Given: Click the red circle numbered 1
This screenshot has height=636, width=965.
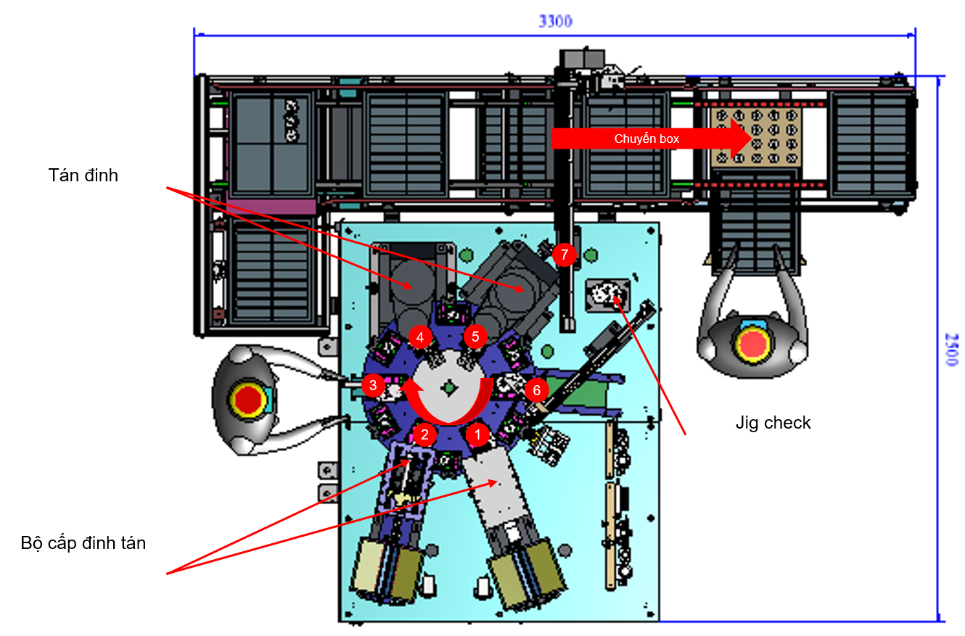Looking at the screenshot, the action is tap(477, 435).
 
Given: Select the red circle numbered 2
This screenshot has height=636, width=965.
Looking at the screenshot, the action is tap(424, 435).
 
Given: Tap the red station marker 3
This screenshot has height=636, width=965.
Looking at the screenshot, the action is tap(373, 385).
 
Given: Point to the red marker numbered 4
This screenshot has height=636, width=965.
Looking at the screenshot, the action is tap(420, 337).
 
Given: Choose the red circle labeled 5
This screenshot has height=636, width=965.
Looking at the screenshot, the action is tap(475, 336).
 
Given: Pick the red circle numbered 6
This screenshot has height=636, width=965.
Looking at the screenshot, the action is tap(536, 391).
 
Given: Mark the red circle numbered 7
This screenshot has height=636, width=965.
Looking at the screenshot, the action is tap(564, 255).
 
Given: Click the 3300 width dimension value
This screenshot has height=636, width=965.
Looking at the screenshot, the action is tap(555, 21).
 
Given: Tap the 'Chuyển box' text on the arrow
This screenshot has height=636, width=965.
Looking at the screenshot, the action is tap(646, 139).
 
